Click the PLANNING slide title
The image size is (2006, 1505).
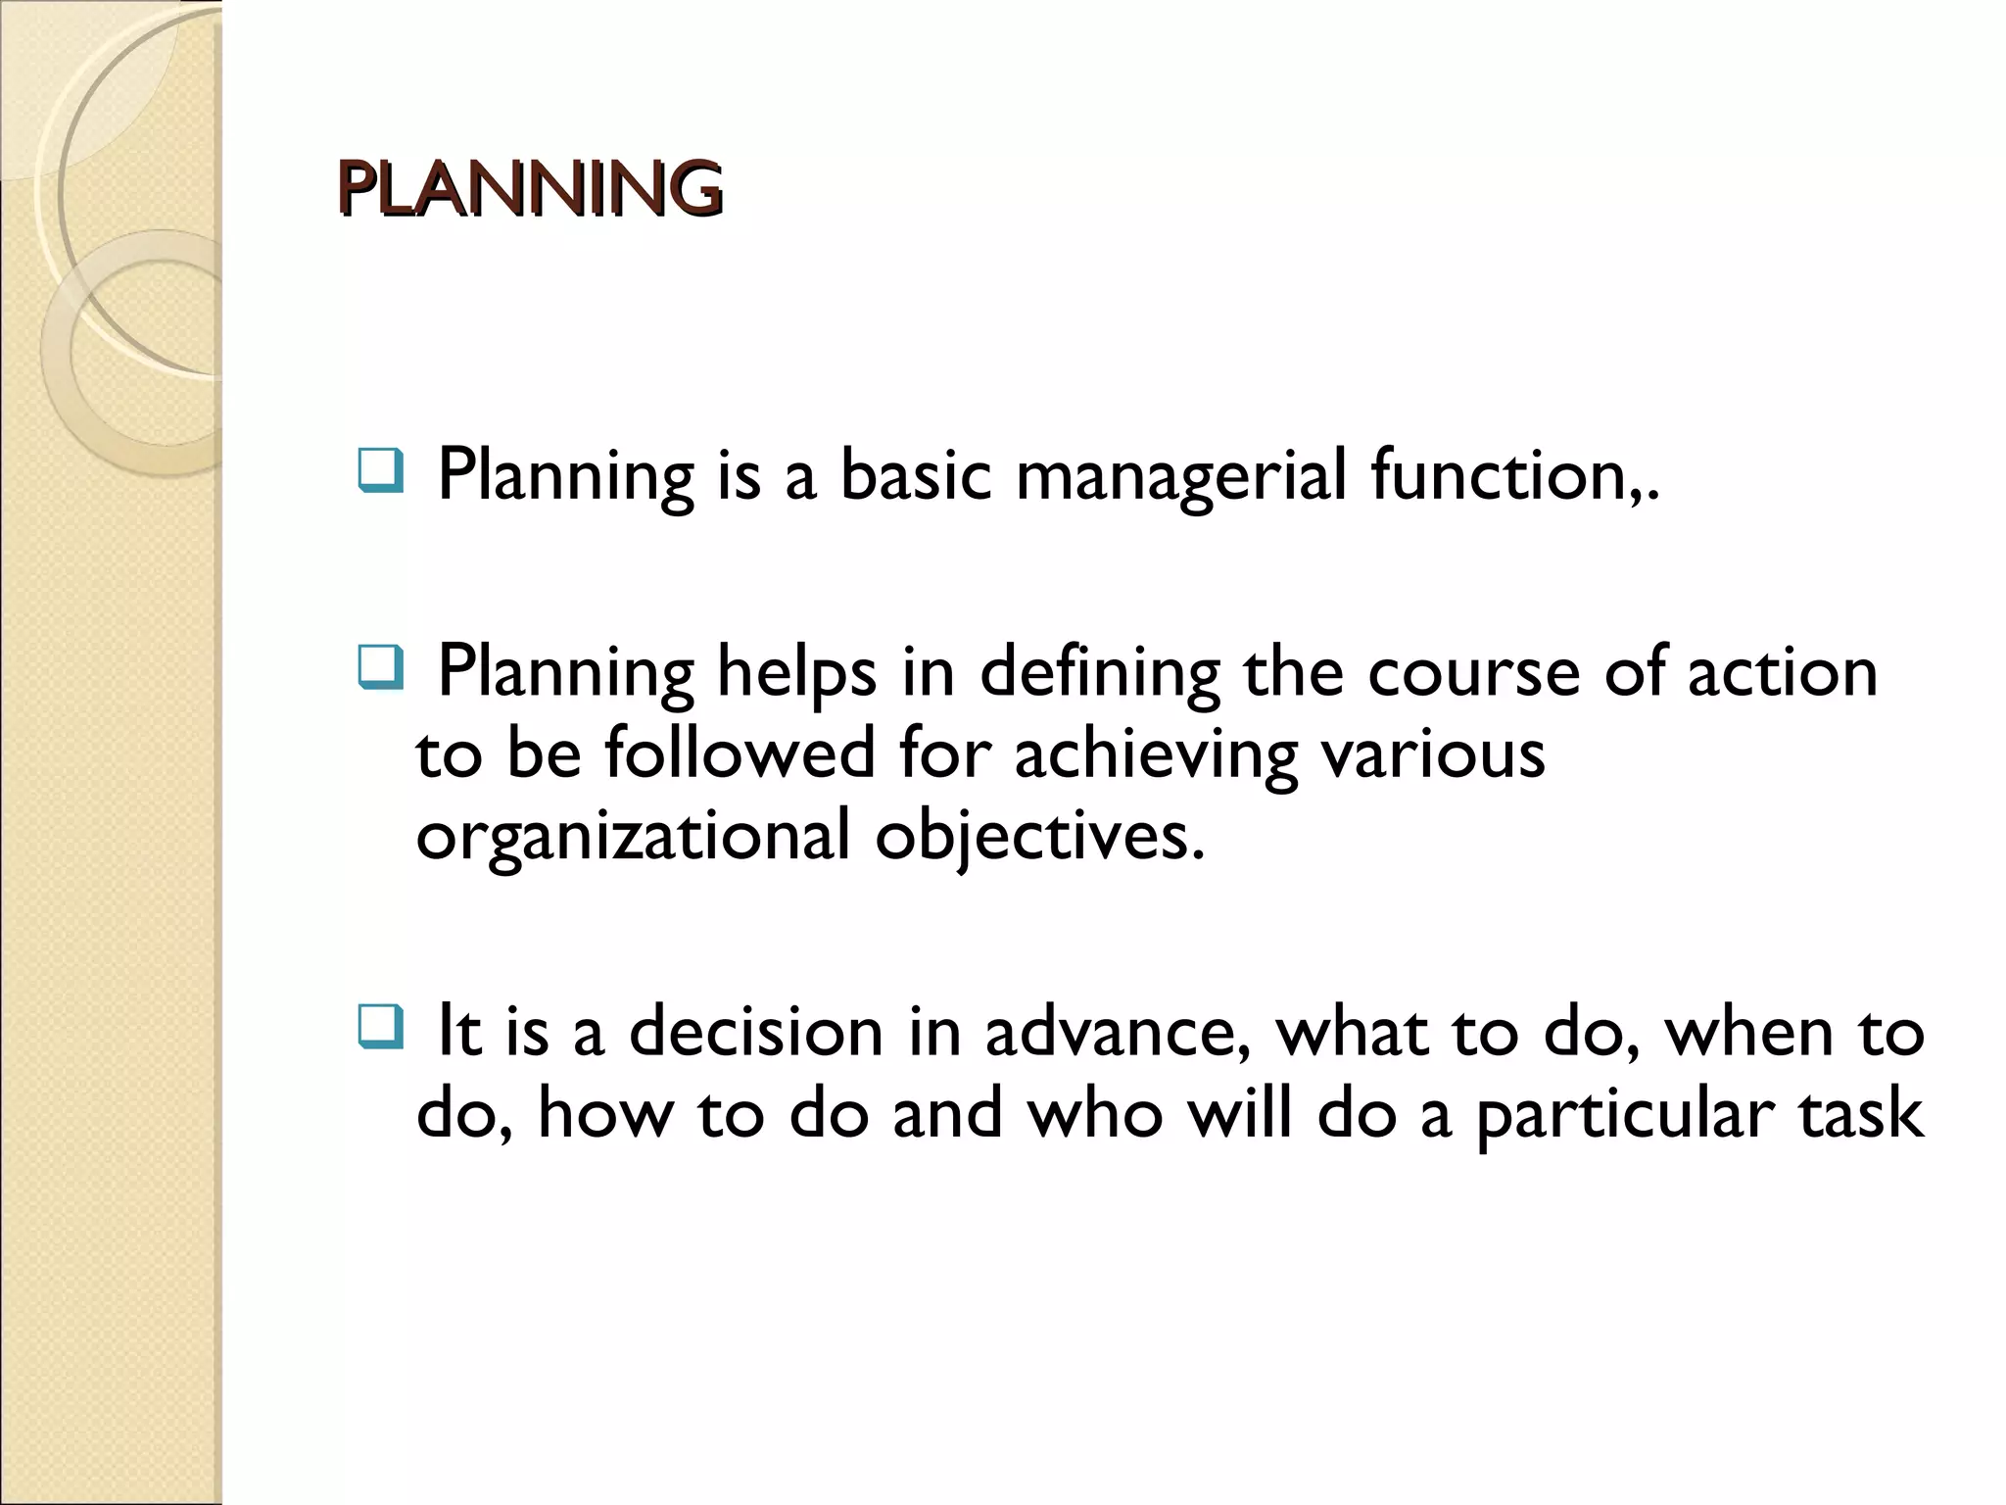pyautogui.click(x=529, y=187)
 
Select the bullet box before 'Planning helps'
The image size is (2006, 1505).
pyautogui.click(x=379, y=669)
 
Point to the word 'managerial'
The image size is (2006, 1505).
pyautogui.click(x=1180, y=477)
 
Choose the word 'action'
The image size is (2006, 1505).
pyautogui.click(x=1783, y=674)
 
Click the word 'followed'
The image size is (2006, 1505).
pyautogui.click(x=740, y=753)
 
